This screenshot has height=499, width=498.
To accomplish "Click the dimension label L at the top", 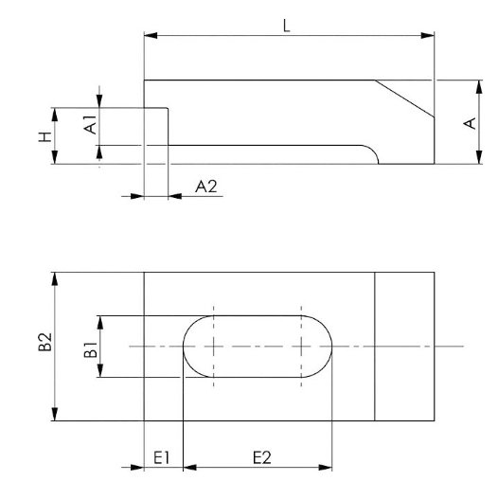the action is [286, 26].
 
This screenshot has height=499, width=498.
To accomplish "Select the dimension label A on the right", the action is [470, 123].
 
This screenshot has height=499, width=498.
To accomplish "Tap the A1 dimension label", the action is [90, 125].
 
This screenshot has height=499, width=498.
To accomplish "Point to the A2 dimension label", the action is [206, 187].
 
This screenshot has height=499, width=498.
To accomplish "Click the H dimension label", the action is [45, 136].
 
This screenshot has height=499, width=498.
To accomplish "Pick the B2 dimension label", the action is [45, 342].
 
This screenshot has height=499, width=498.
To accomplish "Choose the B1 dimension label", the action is [91, 349].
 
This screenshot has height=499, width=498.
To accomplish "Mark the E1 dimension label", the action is [162, 458].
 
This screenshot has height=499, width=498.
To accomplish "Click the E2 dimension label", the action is [262, 457].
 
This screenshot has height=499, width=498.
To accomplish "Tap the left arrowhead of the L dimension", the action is [151, 35].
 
